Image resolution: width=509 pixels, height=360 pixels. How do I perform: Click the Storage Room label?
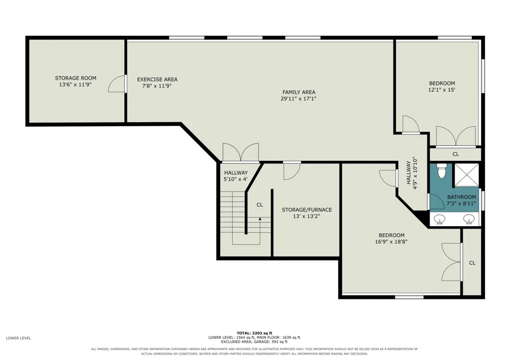(76, 78)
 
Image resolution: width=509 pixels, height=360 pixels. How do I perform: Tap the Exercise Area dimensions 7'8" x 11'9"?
(157, 86)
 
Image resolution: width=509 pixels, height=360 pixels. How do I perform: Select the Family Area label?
(299, 92)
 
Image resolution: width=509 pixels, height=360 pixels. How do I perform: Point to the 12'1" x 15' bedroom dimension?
(442, 90)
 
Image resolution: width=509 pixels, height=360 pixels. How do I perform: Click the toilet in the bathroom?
(442, 171)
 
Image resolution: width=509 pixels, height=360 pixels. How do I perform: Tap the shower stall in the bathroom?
(466, 175)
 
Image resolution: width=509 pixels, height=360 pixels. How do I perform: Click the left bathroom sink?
(440, 219)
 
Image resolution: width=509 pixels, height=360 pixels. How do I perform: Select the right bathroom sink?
(468, 219)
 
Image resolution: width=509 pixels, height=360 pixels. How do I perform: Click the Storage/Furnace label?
(307, 210)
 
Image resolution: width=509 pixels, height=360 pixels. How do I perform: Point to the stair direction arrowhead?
(260, 219)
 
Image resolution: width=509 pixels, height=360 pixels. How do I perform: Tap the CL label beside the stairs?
(260, 205)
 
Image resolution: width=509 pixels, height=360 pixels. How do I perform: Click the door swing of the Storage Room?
(116, 84)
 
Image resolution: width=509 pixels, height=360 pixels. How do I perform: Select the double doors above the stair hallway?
(241, 152)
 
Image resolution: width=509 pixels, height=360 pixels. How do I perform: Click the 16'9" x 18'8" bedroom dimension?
(391, 242)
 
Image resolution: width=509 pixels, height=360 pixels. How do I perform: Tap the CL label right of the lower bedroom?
(472, 263)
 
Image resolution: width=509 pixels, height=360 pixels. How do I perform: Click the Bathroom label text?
(462, 197)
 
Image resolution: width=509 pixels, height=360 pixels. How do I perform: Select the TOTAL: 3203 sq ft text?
(254, 333)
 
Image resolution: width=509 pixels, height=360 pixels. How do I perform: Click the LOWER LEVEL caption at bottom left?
(18, 338)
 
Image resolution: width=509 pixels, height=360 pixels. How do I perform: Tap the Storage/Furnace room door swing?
(292, 171)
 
